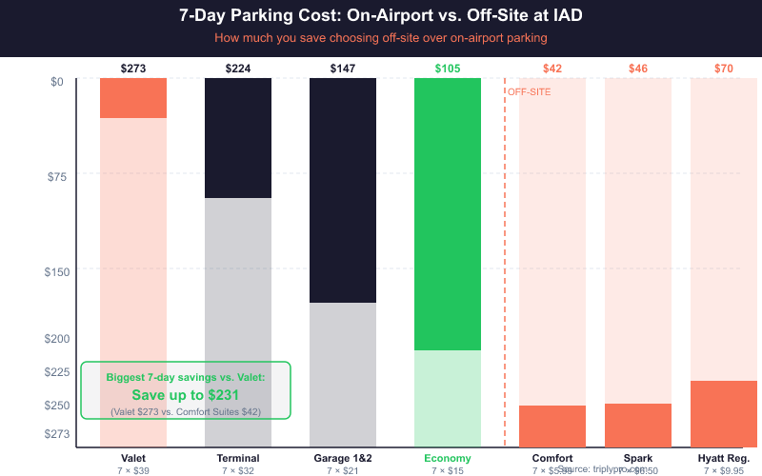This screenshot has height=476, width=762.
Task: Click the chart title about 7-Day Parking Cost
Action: click(381, 16)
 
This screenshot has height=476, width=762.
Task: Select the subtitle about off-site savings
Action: click(381, 38)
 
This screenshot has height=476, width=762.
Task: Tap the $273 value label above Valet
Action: click(133, 69)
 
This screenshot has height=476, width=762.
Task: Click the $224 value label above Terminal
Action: click(238, 69)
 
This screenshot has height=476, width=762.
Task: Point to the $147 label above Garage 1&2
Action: click(343, 69)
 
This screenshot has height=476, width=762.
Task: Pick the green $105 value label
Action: click(448, 69)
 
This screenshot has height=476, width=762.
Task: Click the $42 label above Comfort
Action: click(552, 69)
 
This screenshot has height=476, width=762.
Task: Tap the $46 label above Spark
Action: click(638, 69)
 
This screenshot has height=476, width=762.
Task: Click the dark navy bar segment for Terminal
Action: click(238, 138)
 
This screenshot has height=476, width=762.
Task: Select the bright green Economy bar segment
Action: click(448, 214)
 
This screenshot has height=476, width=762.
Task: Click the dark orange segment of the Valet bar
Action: click(133, 98)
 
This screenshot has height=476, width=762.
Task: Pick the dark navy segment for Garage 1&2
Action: click(343, 190)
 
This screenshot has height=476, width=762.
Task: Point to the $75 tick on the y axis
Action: click(60, 176)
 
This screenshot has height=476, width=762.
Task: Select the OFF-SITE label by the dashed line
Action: click(529, 92)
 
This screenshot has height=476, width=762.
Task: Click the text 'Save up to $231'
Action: click(185, 395)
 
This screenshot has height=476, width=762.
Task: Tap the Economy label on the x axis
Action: click(448, 458)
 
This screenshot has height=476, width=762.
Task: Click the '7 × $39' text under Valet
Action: click(133, 470)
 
